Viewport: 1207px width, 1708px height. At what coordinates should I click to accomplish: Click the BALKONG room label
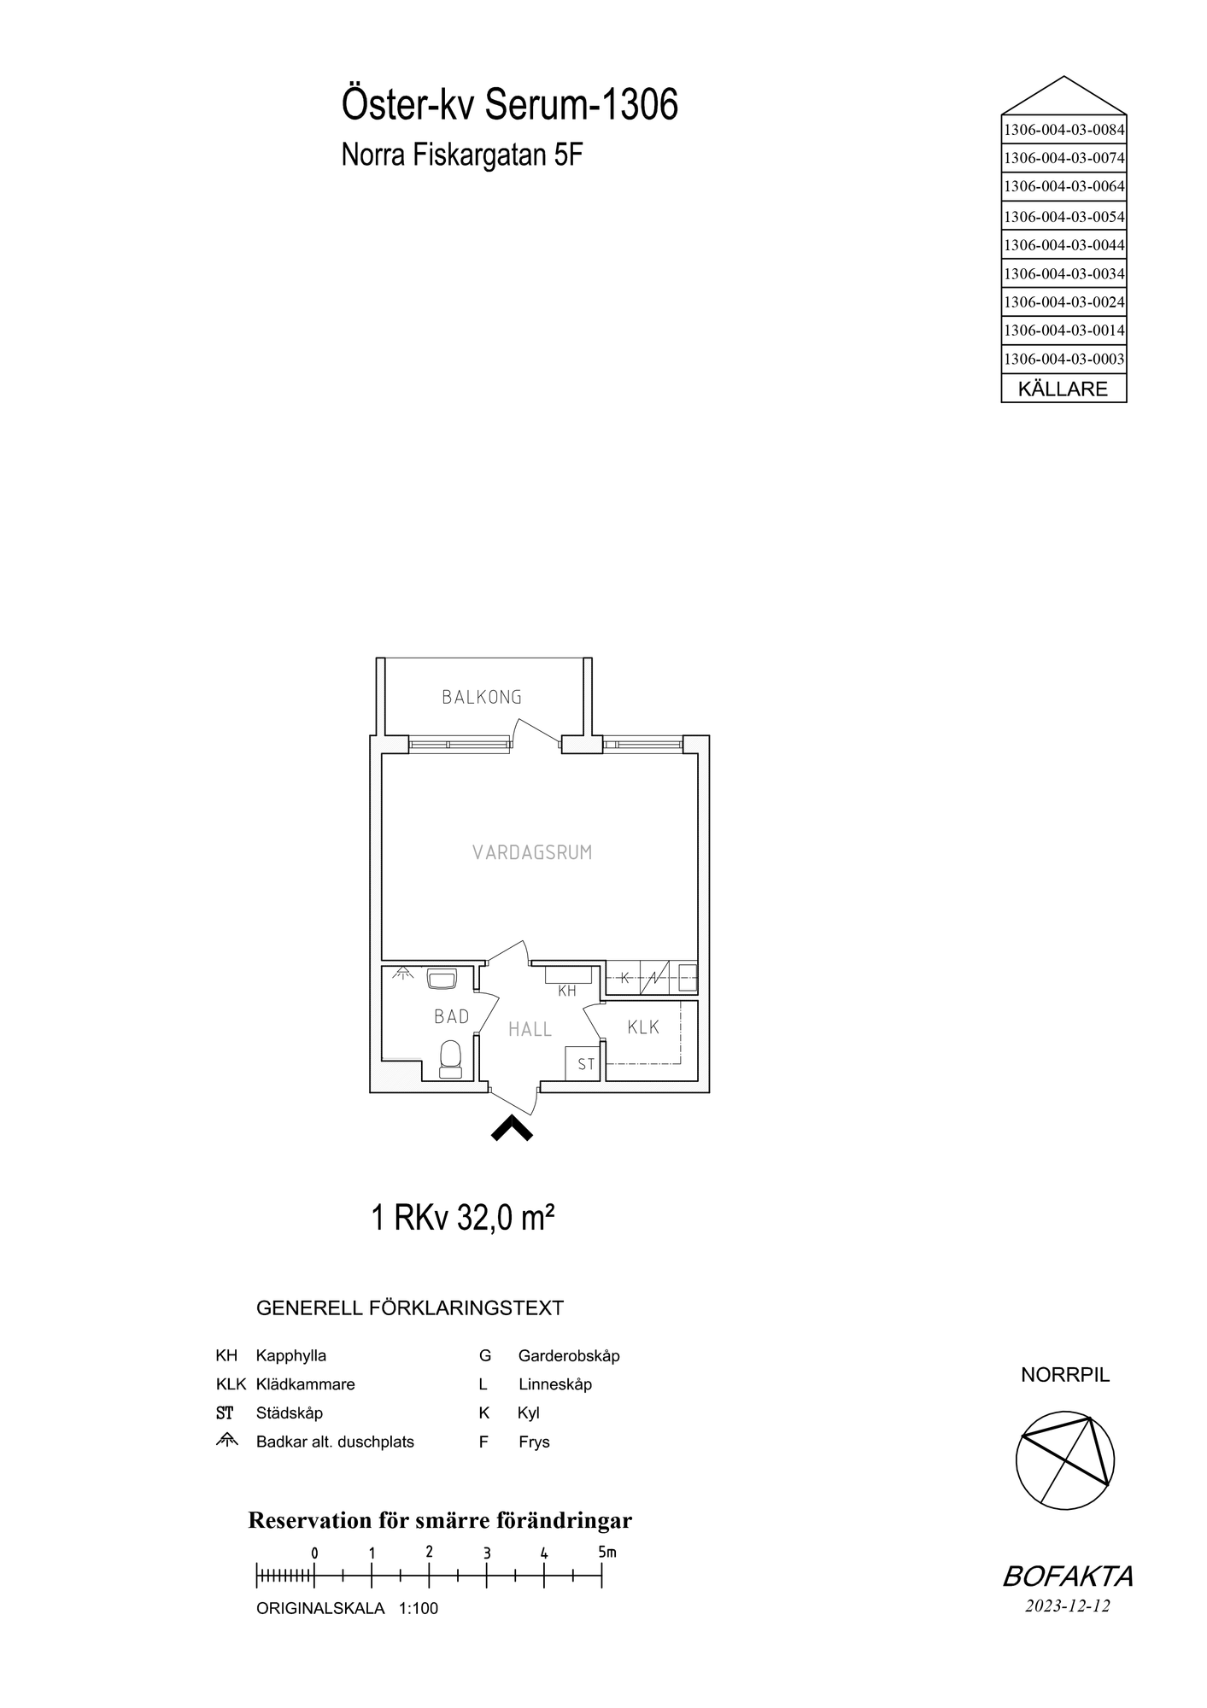482,697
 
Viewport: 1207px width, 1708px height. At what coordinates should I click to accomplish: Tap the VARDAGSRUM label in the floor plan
532,852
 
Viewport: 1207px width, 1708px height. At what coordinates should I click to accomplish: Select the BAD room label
451,1016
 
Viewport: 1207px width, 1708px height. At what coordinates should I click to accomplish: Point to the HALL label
530,1030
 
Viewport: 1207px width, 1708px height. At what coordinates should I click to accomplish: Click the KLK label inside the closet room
643,1027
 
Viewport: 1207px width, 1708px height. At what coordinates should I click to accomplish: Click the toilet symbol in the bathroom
450,1059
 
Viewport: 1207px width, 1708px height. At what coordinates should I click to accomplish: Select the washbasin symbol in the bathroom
442,979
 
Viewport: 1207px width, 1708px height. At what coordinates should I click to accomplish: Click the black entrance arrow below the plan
512,1129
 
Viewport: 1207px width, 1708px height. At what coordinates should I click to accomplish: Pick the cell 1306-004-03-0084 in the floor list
1063,131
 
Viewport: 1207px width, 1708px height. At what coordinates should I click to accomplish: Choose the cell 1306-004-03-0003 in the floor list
1063,359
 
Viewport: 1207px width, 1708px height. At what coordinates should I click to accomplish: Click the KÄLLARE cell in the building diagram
1063,389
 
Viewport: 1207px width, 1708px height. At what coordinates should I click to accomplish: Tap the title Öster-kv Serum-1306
510,106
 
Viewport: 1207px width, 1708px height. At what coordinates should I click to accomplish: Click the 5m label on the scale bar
606,1552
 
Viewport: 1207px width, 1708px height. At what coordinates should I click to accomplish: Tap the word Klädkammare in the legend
305,1384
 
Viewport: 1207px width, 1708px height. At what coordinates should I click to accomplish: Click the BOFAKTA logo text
1068,1576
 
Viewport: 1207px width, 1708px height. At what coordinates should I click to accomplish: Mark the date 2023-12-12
1068,1606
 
